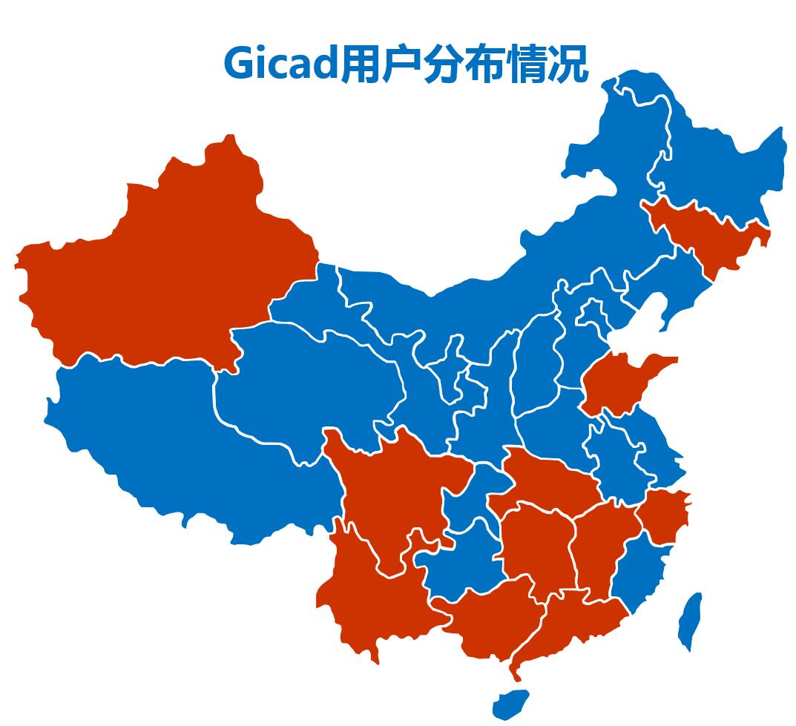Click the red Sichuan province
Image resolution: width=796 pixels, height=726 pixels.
[x=393, y=489]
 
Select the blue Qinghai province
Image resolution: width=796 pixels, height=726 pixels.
[x=312, y=386]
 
